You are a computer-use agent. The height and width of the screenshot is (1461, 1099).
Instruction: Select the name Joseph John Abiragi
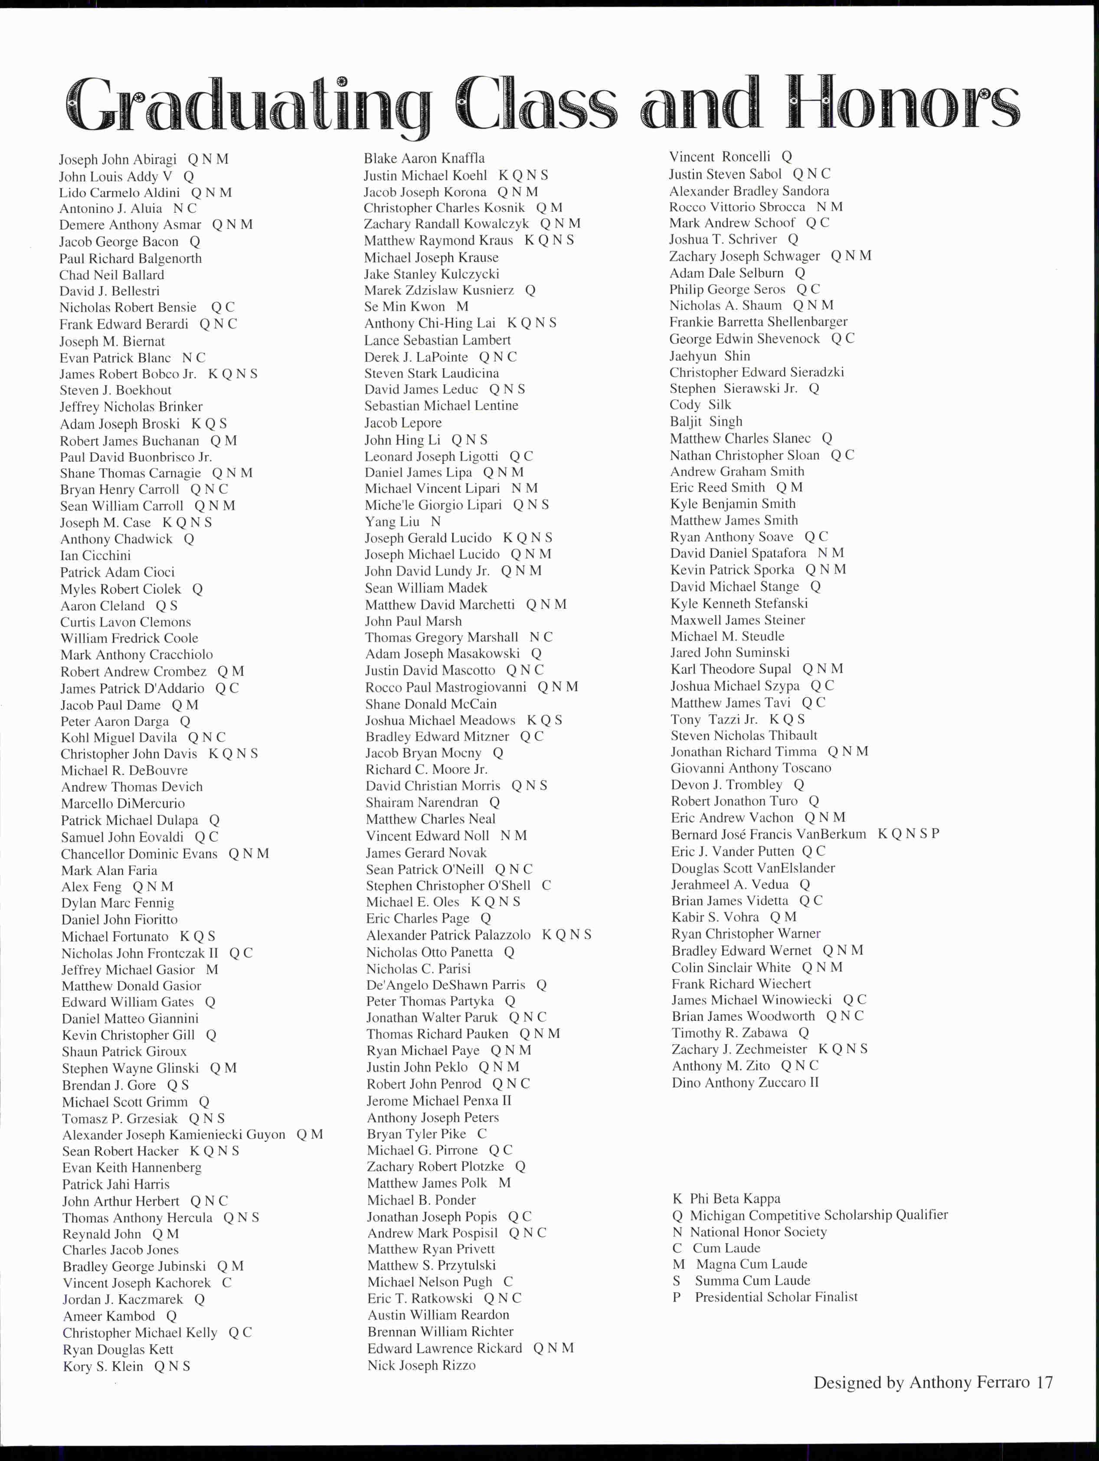(118, 160)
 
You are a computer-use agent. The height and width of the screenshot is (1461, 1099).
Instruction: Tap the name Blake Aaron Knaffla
(424, 158)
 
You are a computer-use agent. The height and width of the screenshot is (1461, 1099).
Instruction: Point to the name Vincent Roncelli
(720, 157)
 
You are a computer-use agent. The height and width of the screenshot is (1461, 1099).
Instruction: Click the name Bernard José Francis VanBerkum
(769, 834)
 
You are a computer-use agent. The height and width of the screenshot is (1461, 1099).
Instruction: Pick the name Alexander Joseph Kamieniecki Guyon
(173, 1135)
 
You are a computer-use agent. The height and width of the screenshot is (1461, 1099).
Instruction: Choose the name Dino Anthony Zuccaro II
(745, 1083)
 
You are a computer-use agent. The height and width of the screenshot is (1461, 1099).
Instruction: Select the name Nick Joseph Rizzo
(421, 1365)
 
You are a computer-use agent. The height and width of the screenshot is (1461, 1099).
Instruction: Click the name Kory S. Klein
(103, 1366)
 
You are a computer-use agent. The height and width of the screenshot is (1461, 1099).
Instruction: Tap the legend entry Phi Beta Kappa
(726, 1199)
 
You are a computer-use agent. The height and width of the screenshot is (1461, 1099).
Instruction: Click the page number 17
(1044, 1383)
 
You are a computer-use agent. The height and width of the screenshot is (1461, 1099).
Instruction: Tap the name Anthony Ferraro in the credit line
(969, 1383)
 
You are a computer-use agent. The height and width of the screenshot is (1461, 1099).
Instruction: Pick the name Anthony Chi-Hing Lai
(430, 323)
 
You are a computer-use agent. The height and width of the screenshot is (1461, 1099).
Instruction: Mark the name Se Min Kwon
(405, 306)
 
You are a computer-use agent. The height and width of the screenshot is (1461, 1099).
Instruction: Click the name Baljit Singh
(706, 421)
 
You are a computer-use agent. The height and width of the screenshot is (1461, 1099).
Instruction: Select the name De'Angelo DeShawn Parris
(445, 985)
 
